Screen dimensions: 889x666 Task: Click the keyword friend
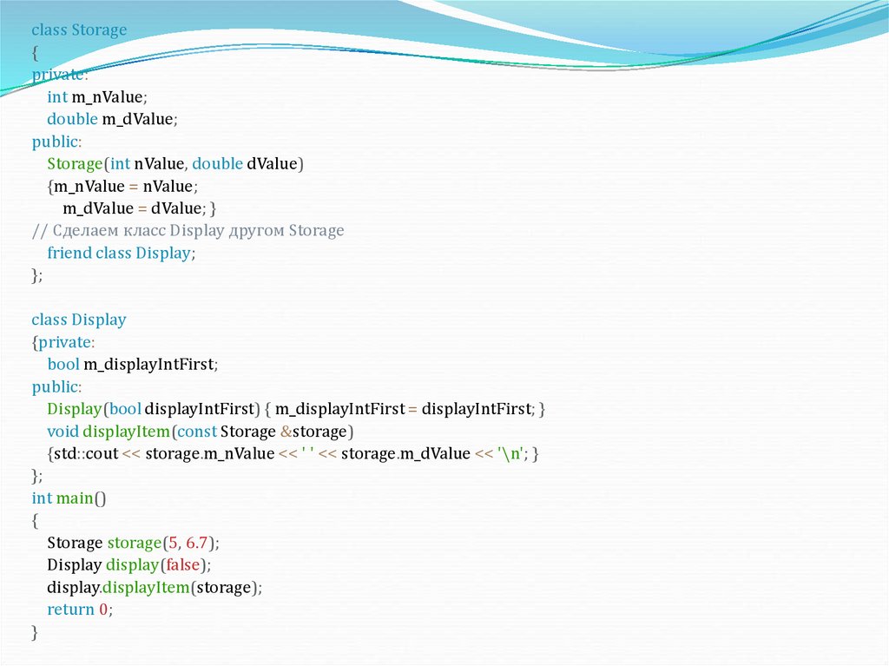(x=69, y=254)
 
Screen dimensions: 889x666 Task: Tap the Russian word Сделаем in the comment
(x=82, y=231)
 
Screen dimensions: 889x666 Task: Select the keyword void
(x=63, y=432)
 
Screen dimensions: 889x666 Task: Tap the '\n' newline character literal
(x=512, y=454)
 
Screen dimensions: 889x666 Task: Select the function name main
(x=75, y=498)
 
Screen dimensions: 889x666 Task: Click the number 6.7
(x=198, y=544)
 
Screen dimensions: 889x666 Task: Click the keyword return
(x=70, y=610)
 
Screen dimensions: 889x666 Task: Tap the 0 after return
(x=103, y=610)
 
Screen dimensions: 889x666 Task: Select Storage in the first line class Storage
(x=99, y=30)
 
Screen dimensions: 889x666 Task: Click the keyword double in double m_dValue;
(x=72, y=119)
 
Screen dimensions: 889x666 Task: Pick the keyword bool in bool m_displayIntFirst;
(x=63, y=365)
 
